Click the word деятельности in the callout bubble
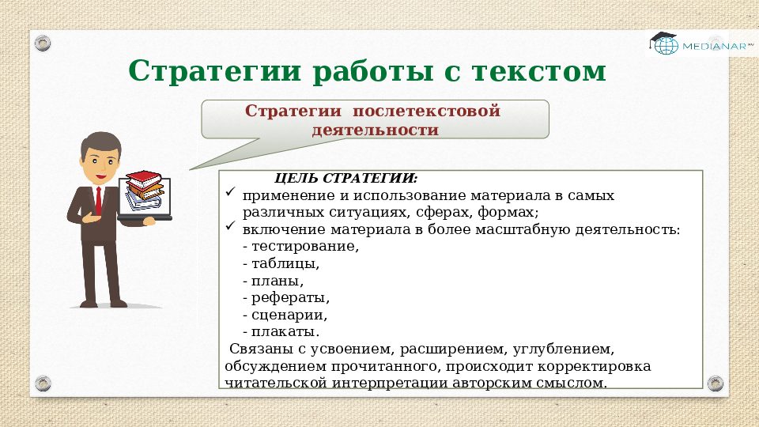coord(375,130)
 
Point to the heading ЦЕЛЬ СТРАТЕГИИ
coord(346,178)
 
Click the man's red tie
coord(97,201)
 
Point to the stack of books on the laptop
coord(145,187)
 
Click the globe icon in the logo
coord(666,46)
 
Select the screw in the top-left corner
coord(43,42)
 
